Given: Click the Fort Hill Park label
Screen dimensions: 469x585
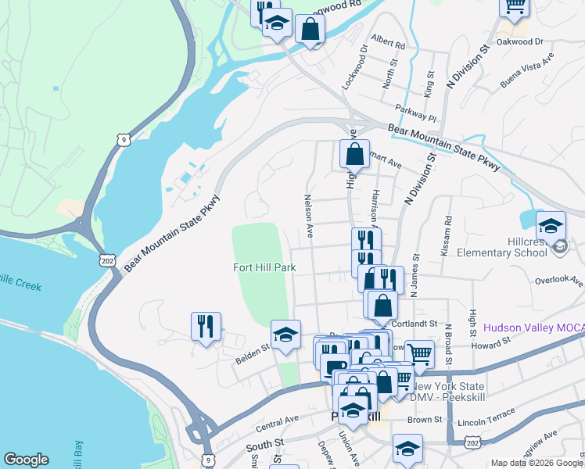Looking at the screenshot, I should click(x=264, y=267).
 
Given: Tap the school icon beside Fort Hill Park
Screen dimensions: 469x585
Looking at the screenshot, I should click(x=285, y=335).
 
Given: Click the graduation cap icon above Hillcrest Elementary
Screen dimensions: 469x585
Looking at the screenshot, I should click(x=551, y=226).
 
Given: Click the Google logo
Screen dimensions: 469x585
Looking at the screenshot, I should click(x=26, y=460).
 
